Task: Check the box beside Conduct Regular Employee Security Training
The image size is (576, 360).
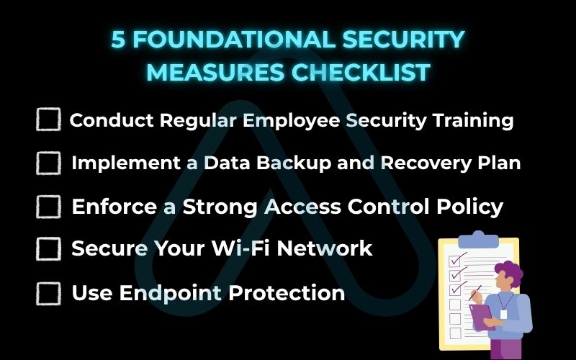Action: coord(48,120)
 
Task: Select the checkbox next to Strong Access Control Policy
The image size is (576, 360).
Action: coord(48,207)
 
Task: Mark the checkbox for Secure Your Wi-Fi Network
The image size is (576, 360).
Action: coord(48,249)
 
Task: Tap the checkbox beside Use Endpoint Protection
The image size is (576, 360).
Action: coord(48,293)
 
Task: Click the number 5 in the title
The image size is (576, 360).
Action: coord(118,40)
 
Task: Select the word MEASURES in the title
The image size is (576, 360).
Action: coord(217,73)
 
